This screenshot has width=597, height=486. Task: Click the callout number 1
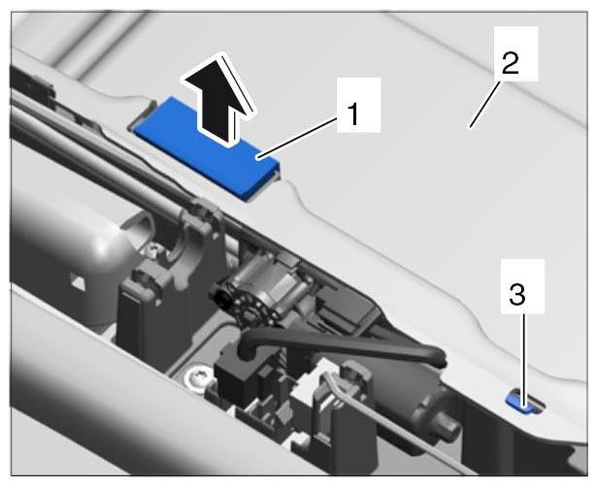tap(353, 114)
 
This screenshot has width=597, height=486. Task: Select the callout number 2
tap(511, 63)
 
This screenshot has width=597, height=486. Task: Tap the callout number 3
tap(517, 295)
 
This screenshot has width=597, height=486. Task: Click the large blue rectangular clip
tap(207, 147)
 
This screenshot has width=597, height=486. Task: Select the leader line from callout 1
tap(298, 138)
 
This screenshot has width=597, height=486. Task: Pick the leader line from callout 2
tap(484, 104)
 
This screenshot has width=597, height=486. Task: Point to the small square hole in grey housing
tap(79, 282)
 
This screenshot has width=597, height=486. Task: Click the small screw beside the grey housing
tap(154, 250)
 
